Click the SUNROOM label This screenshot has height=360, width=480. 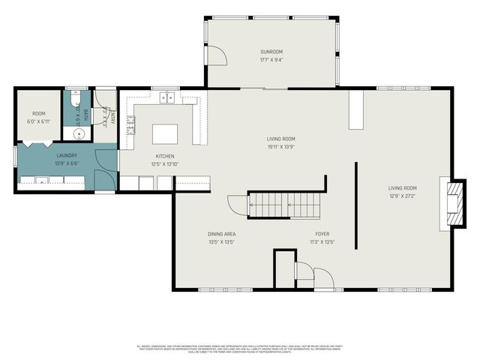(x=271, y=51)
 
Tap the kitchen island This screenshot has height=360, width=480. (x=166, y=134)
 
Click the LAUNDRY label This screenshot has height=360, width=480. (x=66, y=155)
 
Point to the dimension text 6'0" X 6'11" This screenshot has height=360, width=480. (x=38, y=121)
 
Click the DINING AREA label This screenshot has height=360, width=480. (x=222, y=234)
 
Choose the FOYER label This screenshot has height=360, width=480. (x=322, y=234)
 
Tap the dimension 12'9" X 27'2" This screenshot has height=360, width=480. (x=402, y=196)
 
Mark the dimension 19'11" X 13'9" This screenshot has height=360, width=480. (x=281, y=146)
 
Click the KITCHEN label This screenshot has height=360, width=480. (x=165, y=156)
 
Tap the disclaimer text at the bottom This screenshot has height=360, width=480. (x=239, y=348)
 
